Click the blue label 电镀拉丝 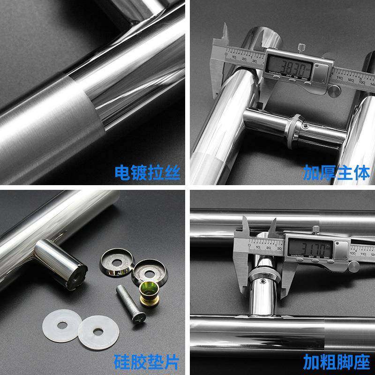[147, 172]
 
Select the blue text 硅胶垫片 [147, 362]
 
